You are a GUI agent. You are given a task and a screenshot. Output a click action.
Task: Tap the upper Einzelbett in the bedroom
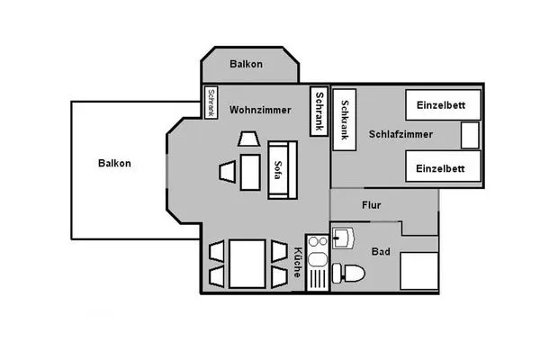[440, 105]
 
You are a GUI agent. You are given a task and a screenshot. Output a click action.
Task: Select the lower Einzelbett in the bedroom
[440, 167]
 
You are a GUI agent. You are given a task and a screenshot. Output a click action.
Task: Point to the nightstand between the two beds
[470, 136]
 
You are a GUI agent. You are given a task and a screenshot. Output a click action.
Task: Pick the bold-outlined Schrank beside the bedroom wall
[318, 112]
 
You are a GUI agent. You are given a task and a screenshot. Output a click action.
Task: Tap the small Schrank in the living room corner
[211, 102]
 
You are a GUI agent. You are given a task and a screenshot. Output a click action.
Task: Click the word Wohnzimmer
[259, 110]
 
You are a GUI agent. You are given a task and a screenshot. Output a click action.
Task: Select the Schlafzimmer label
[400, 134]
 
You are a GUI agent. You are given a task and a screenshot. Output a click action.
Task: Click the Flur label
[371, 205]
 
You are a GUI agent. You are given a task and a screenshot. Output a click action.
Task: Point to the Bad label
[381, 252]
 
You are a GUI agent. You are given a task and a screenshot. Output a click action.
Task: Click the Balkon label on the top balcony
[246, 64]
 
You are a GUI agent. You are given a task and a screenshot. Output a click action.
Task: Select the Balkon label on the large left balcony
[114, 163]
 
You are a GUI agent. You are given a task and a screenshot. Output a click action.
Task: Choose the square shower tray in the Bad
[417, 270]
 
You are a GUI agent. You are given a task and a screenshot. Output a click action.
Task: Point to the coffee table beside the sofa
[249, 173]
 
